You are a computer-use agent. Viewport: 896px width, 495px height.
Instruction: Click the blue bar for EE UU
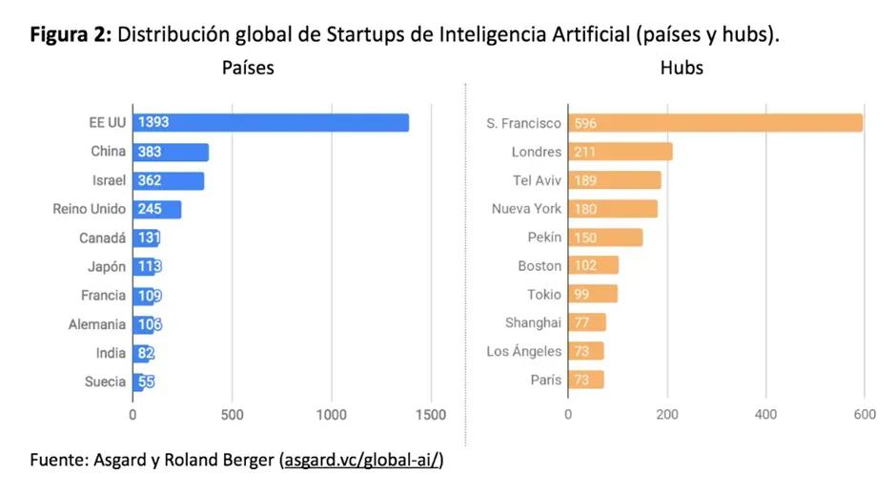click(271, 123)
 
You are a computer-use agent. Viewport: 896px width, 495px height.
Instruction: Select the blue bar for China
click(171, 152)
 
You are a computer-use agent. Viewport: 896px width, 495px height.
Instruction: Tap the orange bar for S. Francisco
click(715, 123)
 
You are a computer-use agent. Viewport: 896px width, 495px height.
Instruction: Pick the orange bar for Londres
click(621, 152)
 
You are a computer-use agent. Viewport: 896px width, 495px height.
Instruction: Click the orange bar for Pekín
click(605, 237)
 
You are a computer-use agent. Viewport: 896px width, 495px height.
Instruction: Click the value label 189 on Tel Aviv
click(586, 180)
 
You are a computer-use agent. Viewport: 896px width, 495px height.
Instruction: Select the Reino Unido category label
click(89, 209)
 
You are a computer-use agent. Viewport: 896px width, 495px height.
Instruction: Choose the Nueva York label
click(526, 209)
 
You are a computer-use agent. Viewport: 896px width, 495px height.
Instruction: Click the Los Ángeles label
click(523, 352)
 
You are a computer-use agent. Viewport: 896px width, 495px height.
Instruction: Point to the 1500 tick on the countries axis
click(431, 415)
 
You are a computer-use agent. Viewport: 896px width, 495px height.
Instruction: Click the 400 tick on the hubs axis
click(765, 415)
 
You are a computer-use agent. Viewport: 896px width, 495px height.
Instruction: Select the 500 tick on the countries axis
click(233, 415)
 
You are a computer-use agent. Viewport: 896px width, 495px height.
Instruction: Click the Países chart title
click(248, 68)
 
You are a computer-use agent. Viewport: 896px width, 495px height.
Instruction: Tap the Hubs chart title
click(682, 68)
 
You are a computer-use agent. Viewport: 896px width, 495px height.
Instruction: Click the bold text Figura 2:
click(71, 35)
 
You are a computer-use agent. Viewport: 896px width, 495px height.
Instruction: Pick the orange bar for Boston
click(593, 266)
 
